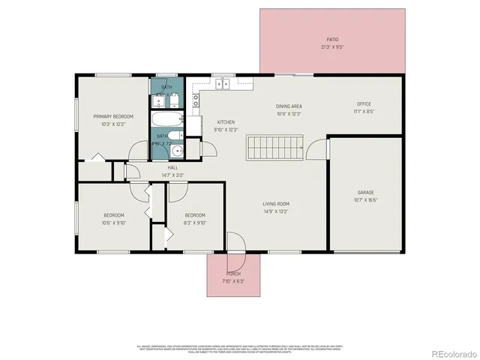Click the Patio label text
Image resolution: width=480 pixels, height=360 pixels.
332,39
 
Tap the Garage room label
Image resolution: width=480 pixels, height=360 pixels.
365,192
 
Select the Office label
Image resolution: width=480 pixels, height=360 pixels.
364,104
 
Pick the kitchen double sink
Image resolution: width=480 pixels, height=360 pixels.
223,83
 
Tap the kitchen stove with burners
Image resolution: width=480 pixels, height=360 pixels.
195,97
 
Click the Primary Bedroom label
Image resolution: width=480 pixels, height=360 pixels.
113,116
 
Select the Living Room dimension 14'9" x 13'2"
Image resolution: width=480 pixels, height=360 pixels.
276,211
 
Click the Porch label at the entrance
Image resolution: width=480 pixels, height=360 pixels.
234,274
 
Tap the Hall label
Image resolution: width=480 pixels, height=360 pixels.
172,167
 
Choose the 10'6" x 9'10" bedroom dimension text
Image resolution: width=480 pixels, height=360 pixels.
113,223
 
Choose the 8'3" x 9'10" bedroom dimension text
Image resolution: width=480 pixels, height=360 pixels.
195,223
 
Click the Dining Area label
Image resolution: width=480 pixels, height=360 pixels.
289,106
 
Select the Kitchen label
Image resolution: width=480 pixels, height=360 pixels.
226,121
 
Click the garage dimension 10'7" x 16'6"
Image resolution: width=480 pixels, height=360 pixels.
365,199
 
